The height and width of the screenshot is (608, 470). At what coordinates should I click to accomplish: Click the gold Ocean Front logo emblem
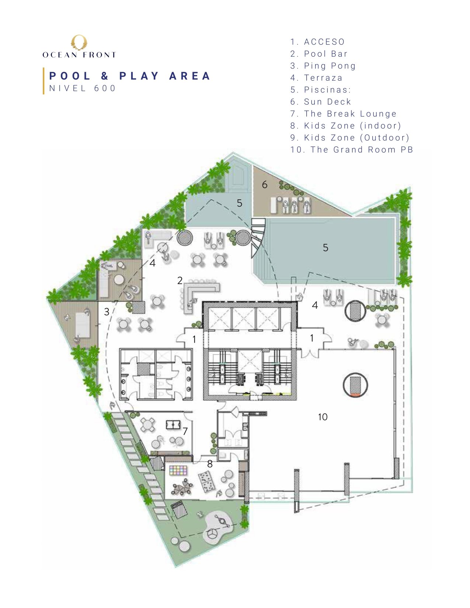(79, 42)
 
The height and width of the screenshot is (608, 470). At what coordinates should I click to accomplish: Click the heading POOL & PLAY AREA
(130, 76)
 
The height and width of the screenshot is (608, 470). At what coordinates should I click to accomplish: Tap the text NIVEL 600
(82, 88)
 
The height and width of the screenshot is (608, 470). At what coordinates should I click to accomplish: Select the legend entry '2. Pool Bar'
(319, 54)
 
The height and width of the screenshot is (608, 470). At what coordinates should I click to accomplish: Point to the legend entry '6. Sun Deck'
(320, 102)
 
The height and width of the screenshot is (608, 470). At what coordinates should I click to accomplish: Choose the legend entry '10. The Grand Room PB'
(352, 150)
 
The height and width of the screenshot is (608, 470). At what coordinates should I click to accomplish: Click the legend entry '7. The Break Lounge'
(344, 113)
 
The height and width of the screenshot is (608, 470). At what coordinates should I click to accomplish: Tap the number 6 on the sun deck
(265, 184)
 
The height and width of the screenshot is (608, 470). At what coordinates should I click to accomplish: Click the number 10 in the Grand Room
(323, 417)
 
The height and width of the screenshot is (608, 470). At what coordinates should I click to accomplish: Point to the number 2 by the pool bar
(180, 280)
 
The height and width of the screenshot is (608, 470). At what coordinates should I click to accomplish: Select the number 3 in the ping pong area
(107, 312)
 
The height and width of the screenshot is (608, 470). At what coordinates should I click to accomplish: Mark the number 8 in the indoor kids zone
(210, 464)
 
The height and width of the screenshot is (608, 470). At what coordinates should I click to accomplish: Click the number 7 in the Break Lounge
(185, 431)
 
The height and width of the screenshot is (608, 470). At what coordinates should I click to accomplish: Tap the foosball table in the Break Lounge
(173, 425)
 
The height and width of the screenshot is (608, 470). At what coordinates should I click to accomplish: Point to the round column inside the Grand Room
(355, 385)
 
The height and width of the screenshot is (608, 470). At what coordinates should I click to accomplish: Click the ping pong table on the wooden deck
(83, 325)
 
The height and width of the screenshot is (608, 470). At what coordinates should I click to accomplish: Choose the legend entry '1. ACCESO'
(317, 42)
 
